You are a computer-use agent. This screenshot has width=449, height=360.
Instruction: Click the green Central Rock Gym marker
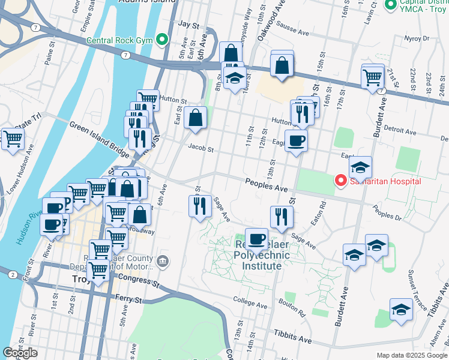161,41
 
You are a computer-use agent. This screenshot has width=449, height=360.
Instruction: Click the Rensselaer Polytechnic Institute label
253,255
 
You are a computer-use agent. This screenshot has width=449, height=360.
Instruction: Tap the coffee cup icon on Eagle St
296,141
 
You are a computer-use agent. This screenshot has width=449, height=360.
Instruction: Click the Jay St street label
188,25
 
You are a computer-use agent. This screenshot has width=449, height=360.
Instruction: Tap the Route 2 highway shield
12,274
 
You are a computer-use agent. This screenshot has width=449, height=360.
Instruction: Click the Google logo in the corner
20,353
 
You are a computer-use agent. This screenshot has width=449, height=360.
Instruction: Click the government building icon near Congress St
163,261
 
